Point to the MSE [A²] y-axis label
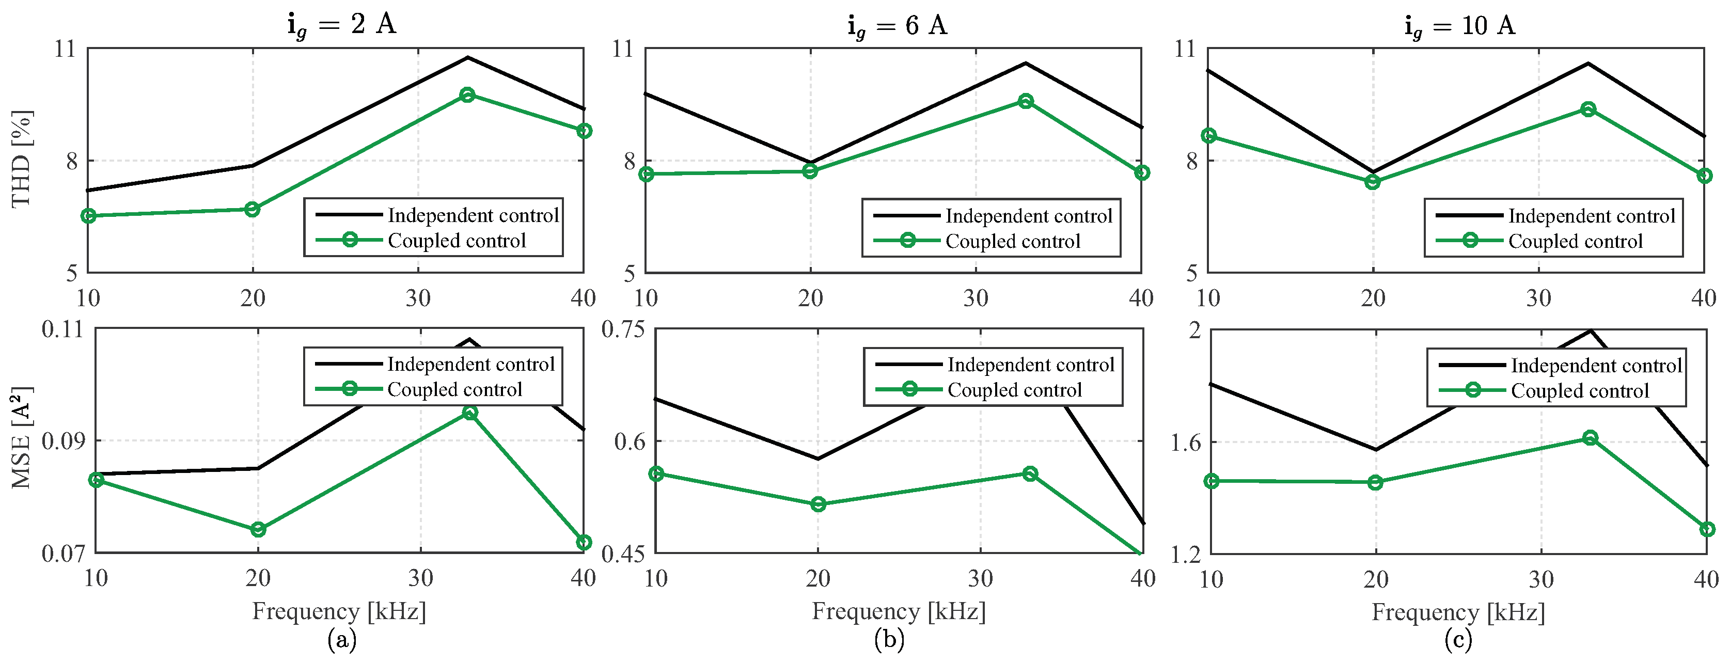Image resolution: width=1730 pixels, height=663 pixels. [x=22, y=437]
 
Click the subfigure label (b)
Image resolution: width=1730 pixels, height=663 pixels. [x=889, y=639]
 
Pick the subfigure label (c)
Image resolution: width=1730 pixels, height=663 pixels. [x=1458, y=639]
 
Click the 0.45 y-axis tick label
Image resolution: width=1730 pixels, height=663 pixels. [x=623, y=554]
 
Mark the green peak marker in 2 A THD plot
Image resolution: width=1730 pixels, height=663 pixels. [x=467, y=94]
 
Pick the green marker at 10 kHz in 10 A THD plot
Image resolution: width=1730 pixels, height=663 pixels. [x=1209, y=136]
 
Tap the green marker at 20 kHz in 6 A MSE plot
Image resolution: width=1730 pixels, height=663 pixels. [x=818, y=504]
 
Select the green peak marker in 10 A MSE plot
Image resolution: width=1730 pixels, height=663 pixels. [x=1590, y=438]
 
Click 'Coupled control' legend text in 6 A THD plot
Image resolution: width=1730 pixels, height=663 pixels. [x=1013, y=241]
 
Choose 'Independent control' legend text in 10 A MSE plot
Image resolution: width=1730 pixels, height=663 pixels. [x=1596, y=366]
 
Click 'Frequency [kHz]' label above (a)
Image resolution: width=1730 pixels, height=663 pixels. [x=339, y=611]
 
